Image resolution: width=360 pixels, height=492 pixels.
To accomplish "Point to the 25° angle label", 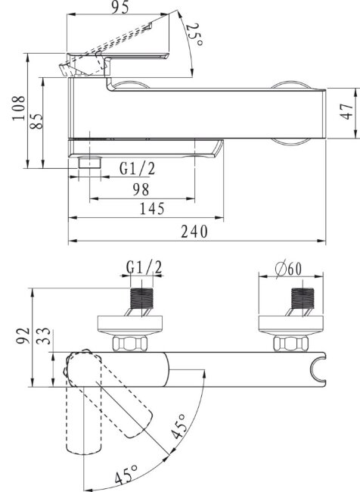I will [194, 34].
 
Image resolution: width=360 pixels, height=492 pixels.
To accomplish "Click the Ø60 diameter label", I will [290, 268].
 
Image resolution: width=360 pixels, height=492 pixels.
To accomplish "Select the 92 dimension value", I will [23, 333].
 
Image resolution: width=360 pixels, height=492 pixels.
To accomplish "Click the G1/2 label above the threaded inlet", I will [144, 268].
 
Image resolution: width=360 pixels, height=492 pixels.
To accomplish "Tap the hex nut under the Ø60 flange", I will [290, 344].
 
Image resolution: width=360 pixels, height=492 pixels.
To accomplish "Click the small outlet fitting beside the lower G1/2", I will [91, 163].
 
